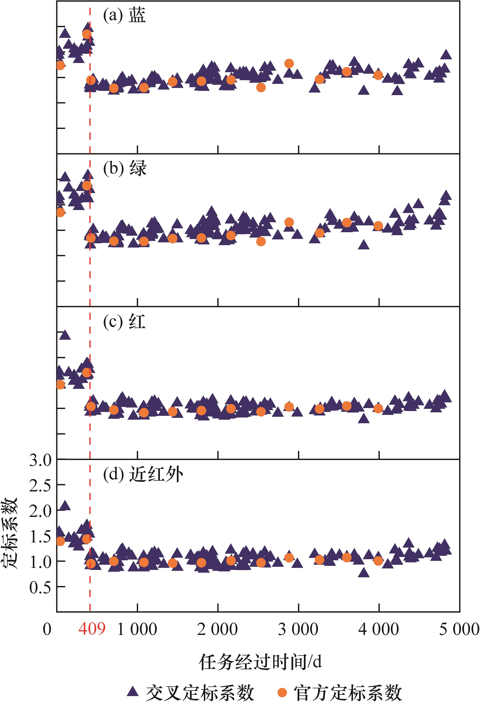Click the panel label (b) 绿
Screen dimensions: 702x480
(x=125, y=168)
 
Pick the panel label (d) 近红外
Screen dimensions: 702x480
(x=143, y=475)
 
